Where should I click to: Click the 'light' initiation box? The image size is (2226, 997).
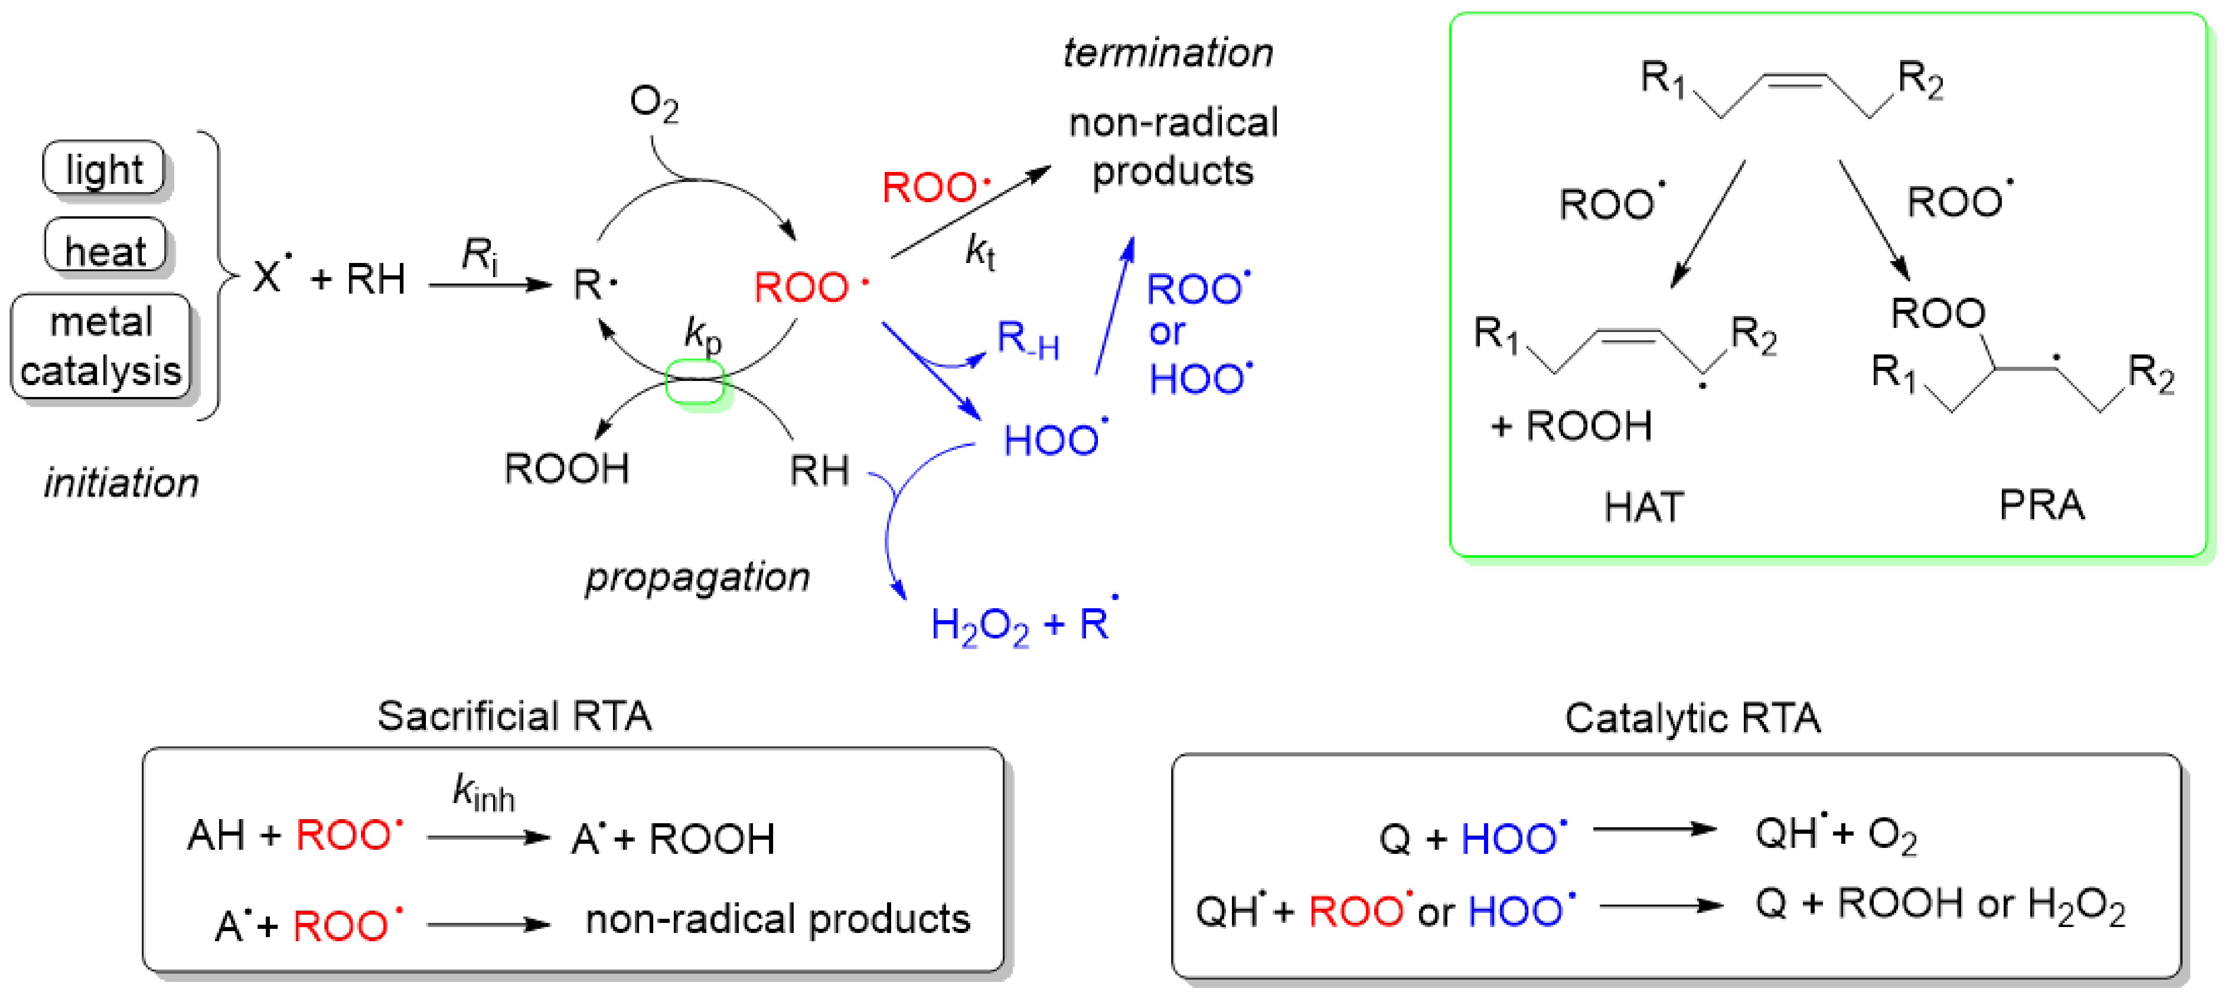[x=104, y=168]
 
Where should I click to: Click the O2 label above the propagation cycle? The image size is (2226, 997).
[x=653, y=104]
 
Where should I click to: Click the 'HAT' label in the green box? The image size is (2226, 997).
[x=1644, y=507]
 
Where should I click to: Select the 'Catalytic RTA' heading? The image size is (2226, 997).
[x=1692, y=718]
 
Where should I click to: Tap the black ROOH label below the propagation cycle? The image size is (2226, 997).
[x=567, y=469]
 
